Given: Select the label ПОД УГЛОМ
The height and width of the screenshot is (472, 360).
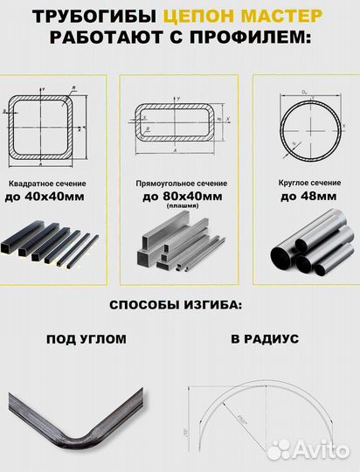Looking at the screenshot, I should click(86, 339).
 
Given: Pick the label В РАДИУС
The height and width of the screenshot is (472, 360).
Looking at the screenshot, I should click(265, 339).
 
